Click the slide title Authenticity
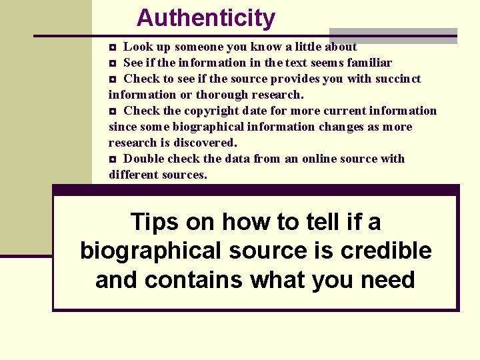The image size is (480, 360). pos(205,18)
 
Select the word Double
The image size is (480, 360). pos(144,159)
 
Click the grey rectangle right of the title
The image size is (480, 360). pos(393,35)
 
